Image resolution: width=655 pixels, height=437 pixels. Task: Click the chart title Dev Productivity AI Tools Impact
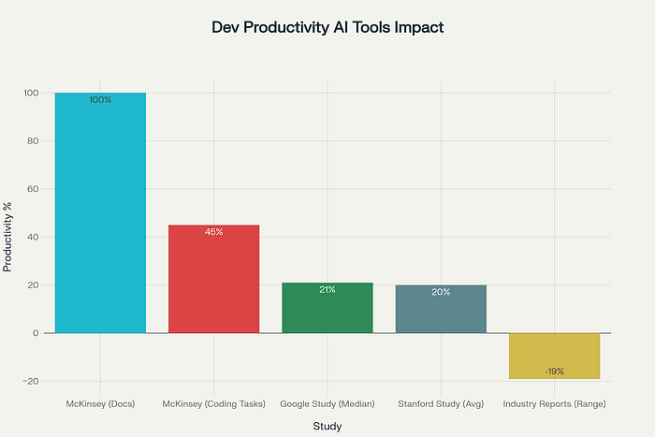[x=327, y=28]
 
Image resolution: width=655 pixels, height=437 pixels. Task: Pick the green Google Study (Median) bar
[x=327, y=309]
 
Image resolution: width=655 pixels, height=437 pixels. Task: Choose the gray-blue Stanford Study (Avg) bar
[x=441, y=310]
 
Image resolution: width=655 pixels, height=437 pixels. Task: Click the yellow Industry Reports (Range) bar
[x=554, y=357]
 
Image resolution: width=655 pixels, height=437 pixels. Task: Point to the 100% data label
[x=100, y=99]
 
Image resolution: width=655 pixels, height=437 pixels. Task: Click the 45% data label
[x=213, y=231]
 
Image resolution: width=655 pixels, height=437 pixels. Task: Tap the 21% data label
[x=327, y=289]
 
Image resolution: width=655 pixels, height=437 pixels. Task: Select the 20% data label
[x=441, y=292]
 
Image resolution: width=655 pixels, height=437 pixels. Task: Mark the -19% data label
[x=554, y=371]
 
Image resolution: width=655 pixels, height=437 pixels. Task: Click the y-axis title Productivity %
[x=8, y=238]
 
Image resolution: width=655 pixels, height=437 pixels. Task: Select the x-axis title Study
[x=327, y=427]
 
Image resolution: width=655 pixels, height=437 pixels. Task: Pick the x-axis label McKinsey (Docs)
[x=100, y=404]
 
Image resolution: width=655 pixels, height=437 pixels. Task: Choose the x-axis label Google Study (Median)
[x=327, y=404]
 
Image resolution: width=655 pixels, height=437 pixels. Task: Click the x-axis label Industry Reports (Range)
[x=554, y=404]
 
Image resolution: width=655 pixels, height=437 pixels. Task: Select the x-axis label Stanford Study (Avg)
[x=441, y=404]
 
